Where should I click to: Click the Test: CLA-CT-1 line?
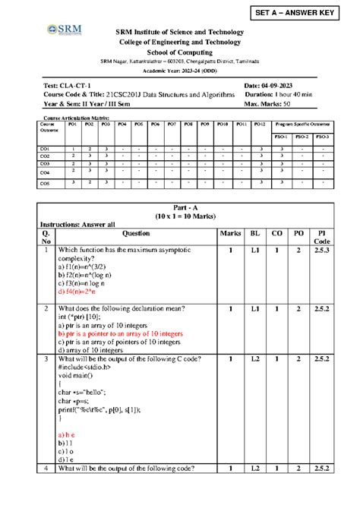67,85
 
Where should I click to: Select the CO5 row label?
45,183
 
